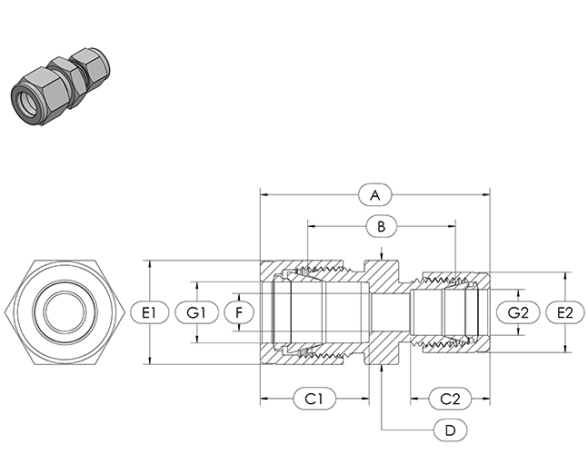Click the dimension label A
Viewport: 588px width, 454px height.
(375, 195)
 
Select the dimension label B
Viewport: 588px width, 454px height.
(381, 226)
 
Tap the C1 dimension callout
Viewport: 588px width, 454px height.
(314, 399)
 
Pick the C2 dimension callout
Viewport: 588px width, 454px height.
(450, 399)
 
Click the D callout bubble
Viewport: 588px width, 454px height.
(451, 430)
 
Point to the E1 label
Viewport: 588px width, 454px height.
(149, 312)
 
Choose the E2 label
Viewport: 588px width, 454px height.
(565, 312)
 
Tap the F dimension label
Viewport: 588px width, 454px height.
(239, 312)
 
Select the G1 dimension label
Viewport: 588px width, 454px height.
(196, 312)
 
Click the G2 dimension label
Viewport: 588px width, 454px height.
(518, 312)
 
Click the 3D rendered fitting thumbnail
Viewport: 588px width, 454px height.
(60, 85)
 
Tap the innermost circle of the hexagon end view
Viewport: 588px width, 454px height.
(65, 311)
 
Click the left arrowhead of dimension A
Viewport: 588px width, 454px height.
(264, 195)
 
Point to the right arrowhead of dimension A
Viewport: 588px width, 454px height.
(487, 195)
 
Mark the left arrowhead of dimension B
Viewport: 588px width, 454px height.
(311, 226)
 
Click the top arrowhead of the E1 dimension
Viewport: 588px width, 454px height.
(150, 264)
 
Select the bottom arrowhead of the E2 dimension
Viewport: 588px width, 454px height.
(565, 349)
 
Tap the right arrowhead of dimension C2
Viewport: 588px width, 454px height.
(487, 399)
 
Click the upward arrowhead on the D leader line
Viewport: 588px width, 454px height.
(382, 369)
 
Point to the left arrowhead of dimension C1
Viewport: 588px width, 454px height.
(264, 399)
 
